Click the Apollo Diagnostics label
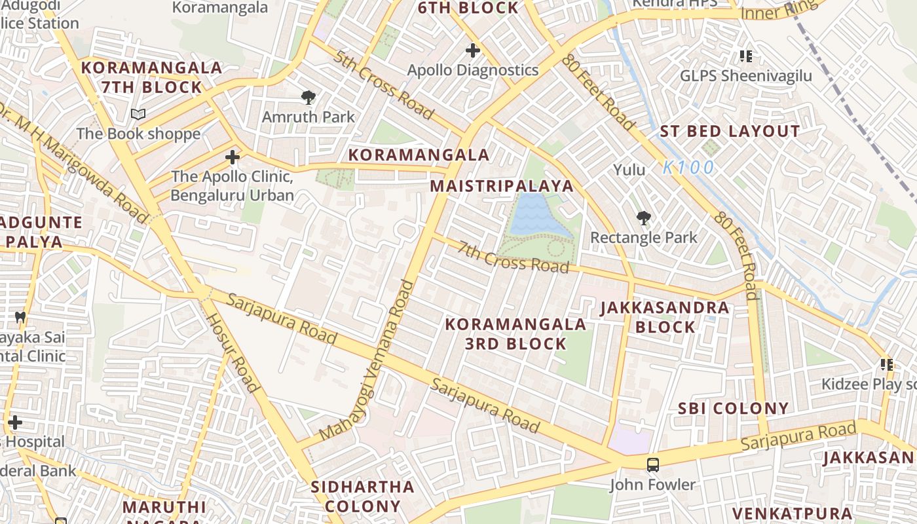(x=472, y=70)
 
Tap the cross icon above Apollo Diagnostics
(x=472, y=50)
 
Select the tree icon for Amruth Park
(x=308, y=98)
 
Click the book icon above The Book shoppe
(x=138, y=115)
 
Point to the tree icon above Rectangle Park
(x=643, y=217)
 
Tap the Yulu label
(x=629, y=170)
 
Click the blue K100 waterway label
(x=688, y=168)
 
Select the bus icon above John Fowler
(x=652, y=465)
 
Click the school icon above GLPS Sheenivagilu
(x=745, y=56)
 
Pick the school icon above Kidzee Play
(x=887, y=364)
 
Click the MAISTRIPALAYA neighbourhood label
(x=502, y=186)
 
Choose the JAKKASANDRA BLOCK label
(x=665, y=317)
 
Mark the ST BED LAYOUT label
(x=730, y=131)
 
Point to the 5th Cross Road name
(x=383, y=84)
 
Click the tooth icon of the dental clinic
(x=20, y=317)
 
